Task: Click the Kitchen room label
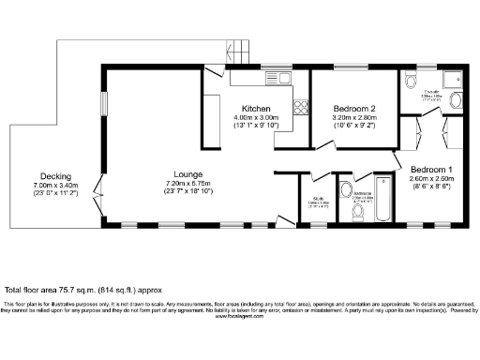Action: (256, 107)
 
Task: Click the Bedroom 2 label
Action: (354, 108)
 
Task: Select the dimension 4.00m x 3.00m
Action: (256, 116)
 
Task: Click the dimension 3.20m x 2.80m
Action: (354, 117)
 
